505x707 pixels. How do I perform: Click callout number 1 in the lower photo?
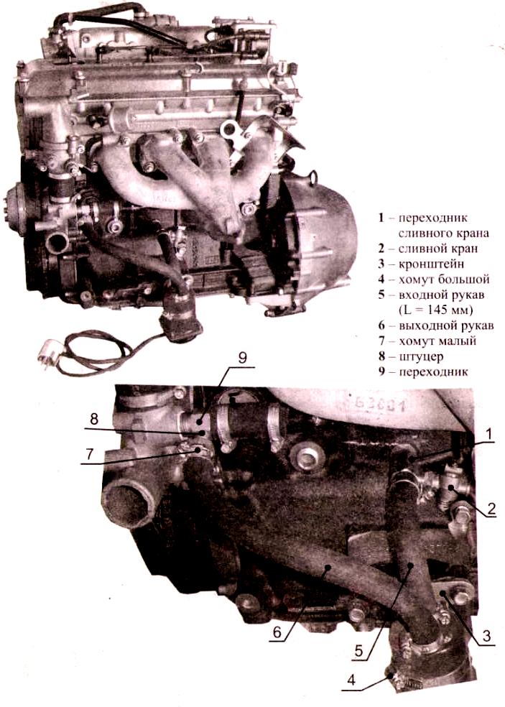(489, 434)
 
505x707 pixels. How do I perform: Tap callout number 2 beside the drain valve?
(491, 509)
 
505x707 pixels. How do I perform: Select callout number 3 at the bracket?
(486, 634)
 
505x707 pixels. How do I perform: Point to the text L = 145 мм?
(430, 310)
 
